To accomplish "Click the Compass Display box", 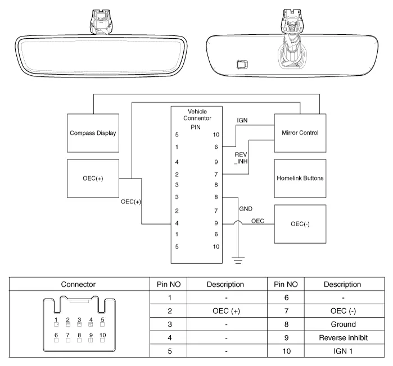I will (x=93, y=133).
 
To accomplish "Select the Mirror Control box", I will (x=300, y=133).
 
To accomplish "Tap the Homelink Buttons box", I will (x=300, y=179).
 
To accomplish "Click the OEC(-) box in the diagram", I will (x=300, y=223).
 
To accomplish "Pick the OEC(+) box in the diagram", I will (x=93, y=179).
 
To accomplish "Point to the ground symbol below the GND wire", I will (x=238, y=259).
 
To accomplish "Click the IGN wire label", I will (x=242, y=120).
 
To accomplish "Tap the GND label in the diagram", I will (x=246, y=208).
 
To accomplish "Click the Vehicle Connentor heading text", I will (x=196, y=115).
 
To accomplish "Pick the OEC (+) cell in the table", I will (x=225, y=311).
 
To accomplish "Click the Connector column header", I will (x=78, y=285).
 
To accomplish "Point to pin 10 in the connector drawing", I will (x=102, y=339).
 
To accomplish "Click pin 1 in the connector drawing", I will (x=56, y=324).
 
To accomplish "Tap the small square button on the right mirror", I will (x=242, y=63).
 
